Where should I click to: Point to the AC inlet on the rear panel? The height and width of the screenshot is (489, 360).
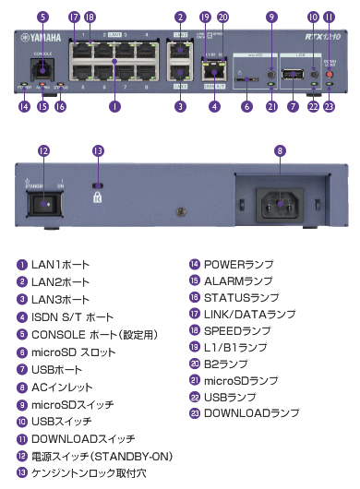281,201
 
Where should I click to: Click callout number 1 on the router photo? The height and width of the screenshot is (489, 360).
114,107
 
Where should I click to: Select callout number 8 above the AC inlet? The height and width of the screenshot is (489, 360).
281,149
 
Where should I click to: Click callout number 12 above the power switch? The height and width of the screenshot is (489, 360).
42,149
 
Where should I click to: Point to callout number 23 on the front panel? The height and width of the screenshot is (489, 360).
329,107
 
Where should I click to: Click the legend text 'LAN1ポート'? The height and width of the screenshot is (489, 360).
61,265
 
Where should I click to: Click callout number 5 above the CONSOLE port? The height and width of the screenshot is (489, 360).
42,17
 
